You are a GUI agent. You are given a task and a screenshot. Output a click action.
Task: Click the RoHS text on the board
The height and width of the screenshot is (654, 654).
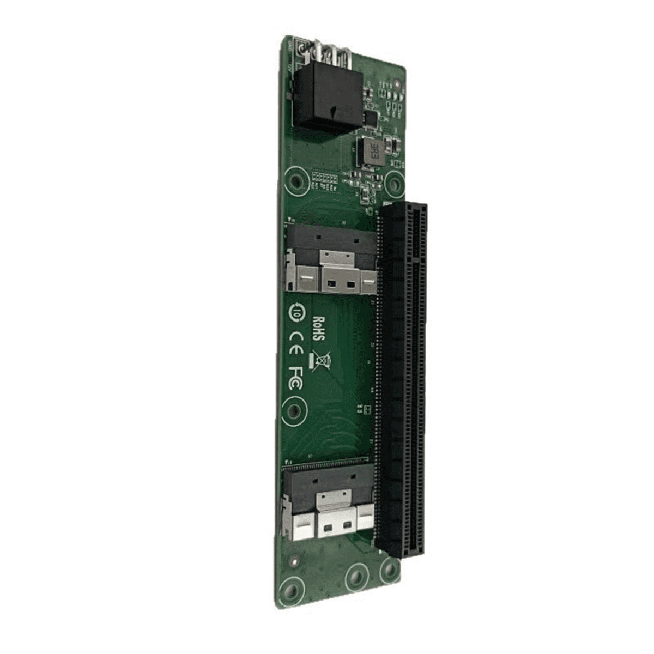[x=320, y=329]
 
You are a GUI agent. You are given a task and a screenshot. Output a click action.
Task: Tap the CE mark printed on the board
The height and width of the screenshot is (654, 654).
[x=296, y=342]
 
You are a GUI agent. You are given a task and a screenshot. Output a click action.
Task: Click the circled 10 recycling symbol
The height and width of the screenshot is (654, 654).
[x=297, y=312]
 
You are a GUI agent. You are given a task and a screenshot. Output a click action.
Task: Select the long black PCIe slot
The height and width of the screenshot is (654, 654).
[x=403, y=376]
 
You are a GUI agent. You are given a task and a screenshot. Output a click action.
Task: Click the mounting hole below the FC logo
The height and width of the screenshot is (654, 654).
[x=294, y=411]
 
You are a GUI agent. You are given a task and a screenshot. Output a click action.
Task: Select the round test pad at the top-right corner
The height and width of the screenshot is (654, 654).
[x=397, y=84]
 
